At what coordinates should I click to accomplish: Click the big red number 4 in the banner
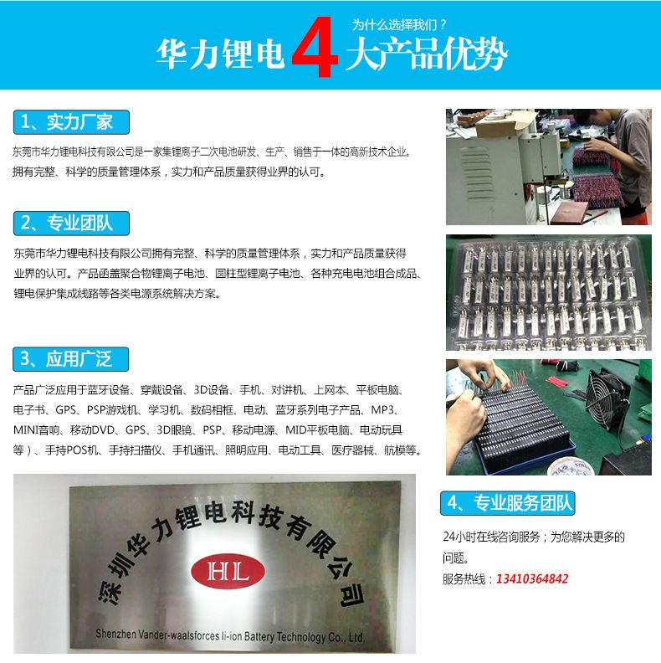coord(315,47)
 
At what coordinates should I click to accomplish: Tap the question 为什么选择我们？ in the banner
coord(399,25)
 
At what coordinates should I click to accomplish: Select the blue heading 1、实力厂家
coord(71,122)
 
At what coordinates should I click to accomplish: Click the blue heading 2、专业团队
coord(71,224)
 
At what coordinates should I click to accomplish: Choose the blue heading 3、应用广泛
coord(70,359)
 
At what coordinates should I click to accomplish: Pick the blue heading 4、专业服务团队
coord(508,503)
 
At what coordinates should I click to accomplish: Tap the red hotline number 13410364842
coord(532,578)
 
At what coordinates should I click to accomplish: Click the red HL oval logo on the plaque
coord(228,571)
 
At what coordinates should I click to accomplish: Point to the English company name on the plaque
coord(229,635)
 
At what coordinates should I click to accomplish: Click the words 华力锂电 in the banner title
coord(220,54)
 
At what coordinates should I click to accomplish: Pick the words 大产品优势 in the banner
coord(426,54)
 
